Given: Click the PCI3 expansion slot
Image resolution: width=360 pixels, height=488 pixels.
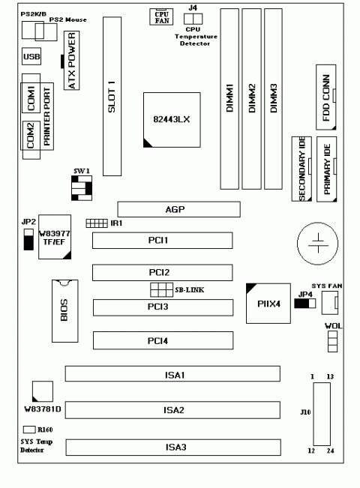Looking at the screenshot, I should (163, 307).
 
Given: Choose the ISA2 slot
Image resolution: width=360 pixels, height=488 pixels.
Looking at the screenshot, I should (172, 410).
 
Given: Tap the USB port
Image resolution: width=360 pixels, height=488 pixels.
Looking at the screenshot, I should (32, 57).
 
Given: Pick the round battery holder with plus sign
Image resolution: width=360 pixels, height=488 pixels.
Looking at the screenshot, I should (318, 243).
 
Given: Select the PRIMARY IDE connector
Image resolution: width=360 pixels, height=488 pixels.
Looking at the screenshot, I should (328, 171).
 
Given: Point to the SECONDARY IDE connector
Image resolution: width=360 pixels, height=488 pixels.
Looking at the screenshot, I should (303, 171).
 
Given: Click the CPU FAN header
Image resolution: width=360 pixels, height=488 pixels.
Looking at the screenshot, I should (161, 16).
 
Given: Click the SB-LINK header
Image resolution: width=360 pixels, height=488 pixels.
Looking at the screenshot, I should (160, 290).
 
